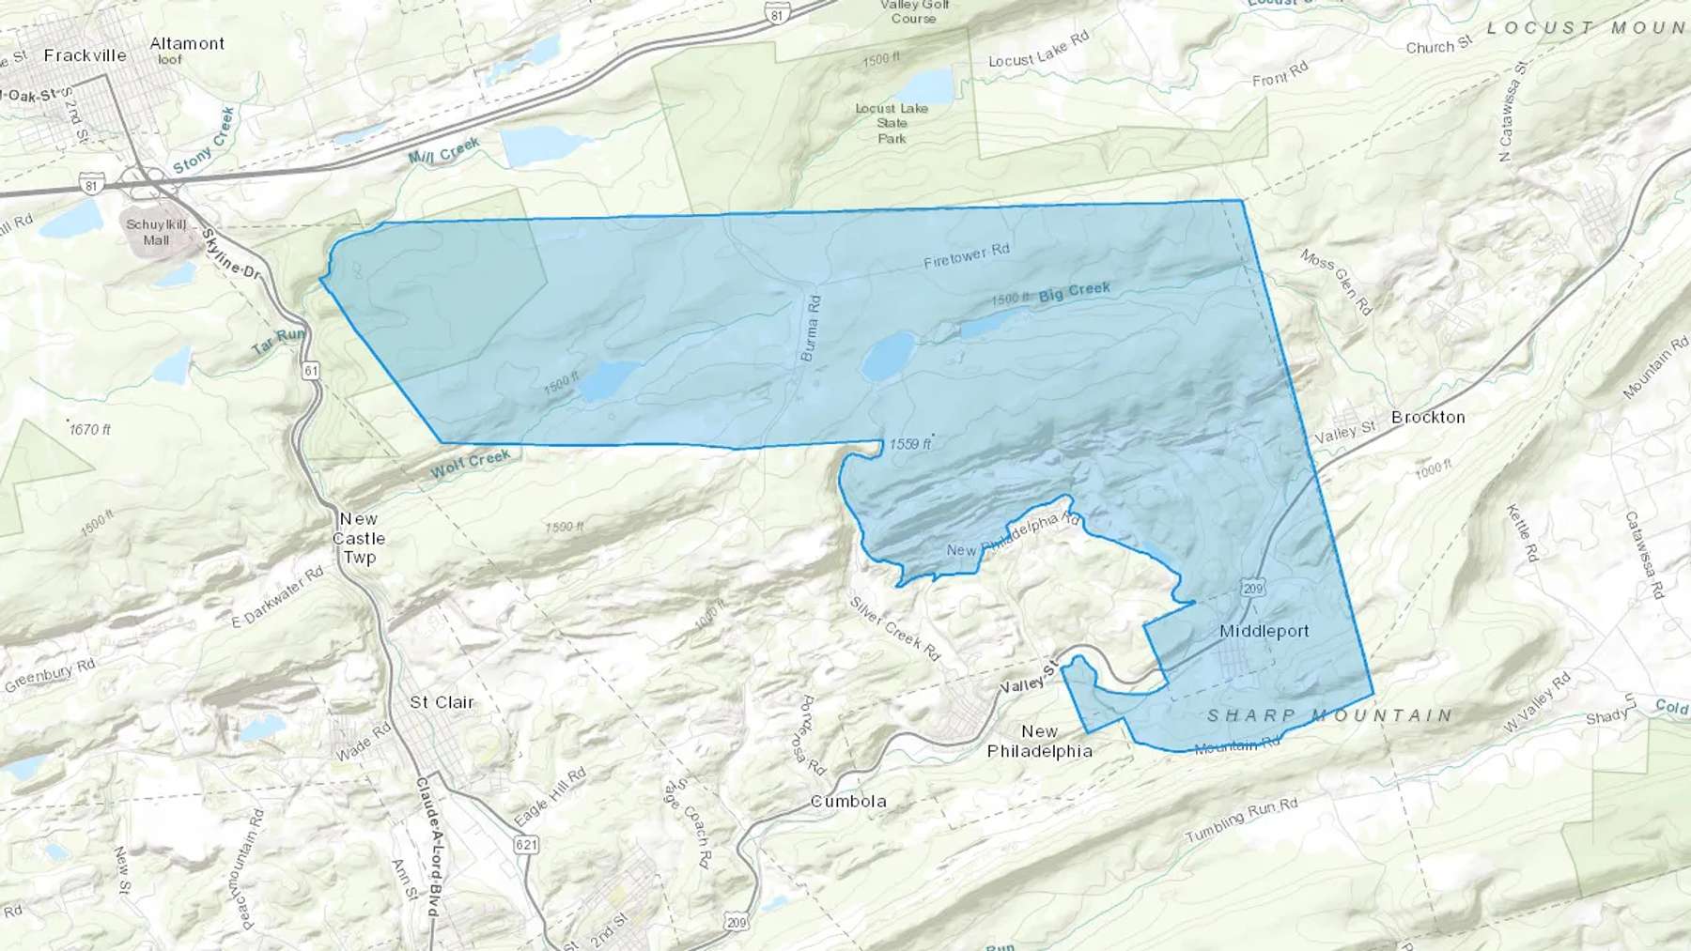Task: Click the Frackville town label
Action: point(85,55)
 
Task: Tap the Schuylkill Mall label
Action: point(157,232)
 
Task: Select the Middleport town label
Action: point(1264,631)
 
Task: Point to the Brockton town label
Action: point(1428,417)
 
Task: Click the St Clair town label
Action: point(442,702)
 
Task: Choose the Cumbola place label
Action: point(848,801)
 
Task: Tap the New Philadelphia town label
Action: point(1039,741)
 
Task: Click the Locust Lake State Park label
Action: point(892,123)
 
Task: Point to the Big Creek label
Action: point(1075,292)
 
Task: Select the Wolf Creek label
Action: point(471,462)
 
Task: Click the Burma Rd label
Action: point(810,328)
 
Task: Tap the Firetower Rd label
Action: point(966,255)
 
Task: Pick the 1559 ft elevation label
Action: point(908,444)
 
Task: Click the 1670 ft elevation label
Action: point(90,429)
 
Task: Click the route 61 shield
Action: point(311,371)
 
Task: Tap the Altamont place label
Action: point(187,43)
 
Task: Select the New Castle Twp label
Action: point(359,538)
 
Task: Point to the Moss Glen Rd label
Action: point(1336,282)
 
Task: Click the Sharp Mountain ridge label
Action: point(1329,715)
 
